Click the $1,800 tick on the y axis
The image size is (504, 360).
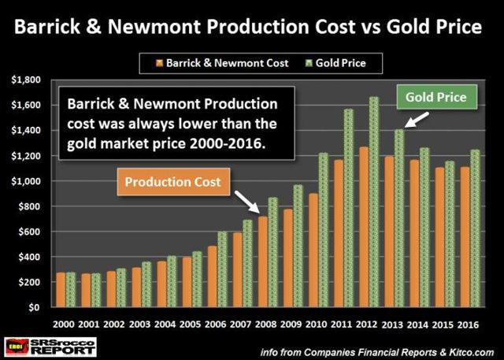point(30,80)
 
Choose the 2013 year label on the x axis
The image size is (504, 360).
point(391,323)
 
